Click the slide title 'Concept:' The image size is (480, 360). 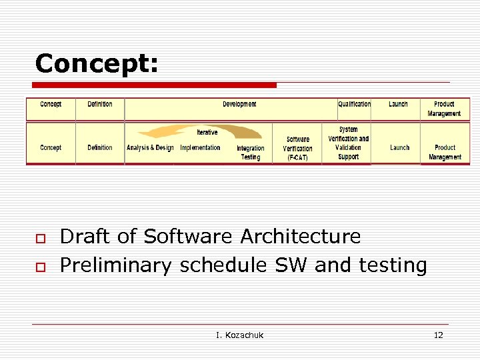point(97,63)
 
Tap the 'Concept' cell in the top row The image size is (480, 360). point(51,105)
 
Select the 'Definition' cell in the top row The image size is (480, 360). point(100,105)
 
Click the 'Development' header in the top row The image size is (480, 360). point(239,105)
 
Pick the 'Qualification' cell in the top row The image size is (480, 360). point(354,105)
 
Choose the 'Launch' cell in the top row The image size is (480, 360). point(398,105)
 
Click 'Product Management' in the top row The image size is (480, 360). point(444,109)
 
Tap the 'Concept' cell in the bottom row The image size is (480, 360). point(51,148)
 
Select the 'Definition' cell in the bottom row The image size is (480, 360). point(100,148)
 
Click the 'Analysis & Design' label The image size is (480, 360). point(150,148)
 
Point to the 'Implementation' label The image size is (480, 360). point(200,148)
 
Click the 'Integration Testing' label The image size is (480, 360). point(251,153)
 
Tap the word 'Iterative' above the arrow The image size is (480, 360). point(207,133)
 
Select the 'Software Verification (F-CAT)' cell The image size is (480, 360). point(297,149)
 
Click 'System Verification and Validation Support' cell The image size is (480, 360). point(348,143)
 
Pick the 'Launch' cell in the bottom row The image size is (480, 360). point(400,148)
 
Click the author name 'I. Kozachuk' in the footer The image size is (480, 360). point(239,335)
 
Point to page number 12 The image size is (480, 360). point(438,335)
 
